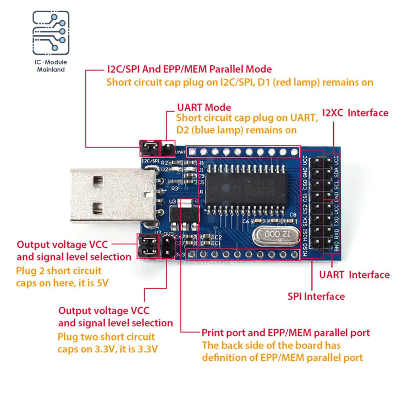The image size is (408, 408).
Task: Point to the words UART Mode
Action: pyautogui.click(x=204, y=108)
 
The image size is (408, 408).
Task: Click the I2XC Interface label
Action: pyautogui.click(x=355, y=113)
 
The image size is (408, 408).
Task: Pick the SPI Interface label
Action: pyautogui.click(x=316, y=296)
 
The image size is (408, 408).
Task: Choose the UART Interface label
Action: pyautogui.click(x=354, y=275)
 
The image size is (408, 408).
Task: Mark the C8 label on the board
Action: pyautogui.click(x=292, y=215)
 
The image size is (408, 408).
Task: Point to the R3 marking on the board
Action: pyautogui.click(x=174, y=188)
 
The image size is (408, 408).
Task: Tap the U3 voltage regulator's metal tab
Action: pyautogui.click(x=185, y=203)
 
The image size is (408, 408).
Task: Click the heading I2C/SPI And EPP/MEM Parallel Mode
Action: pyautogui.click(x=189, y=69)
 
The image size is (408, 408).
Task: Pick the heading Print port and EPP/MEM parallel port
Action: pyautogui.click(x=286, y=333)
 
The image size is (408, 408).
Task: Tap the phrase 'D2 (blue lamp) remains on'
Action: pyautogui.click(x=236, y=130)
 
